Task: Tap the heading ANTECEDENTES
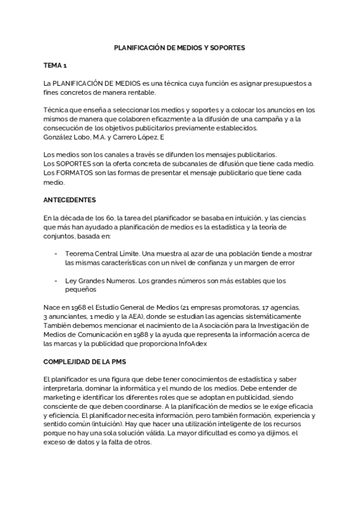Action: [x=70, y=199]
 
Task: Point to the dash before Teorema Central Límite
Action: [x=55, y=254]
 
